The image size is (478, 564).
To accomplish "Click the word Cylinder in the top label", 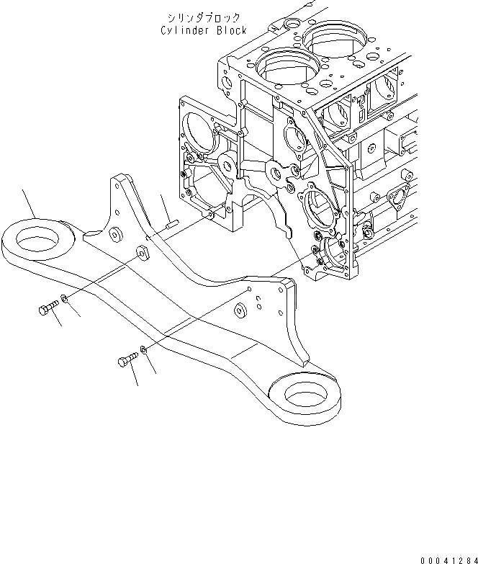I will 184,30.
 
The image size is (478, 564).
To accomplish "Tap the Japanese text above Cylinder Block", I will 204,17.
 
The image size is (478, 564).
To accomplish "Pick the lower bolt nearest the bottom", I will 125,360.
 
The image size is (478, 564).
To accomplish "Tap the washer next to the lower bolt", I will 145,350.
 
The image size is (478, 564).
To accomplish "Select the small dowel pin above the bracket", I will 170,223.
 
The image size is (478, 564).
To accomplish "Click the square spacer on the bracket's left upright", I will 142,252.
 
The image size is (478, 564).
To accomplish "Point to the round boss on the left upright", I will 114,233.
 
